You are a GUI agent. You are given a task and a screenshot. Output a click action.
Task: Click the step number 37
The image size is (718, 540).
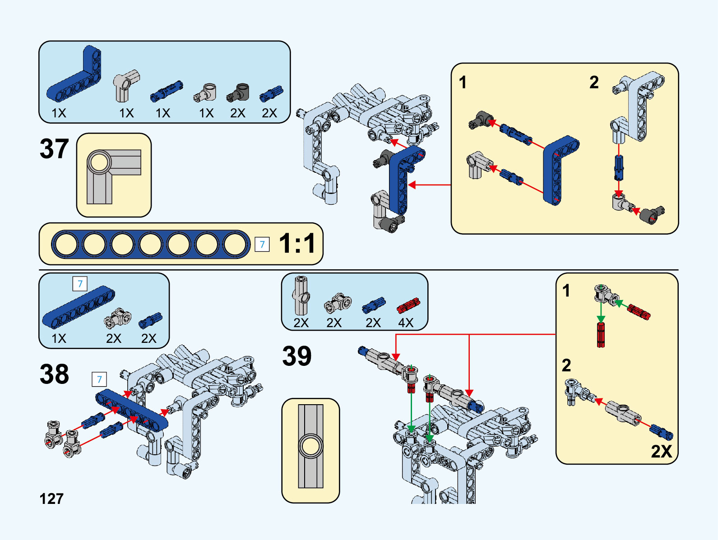(x=54, y=149)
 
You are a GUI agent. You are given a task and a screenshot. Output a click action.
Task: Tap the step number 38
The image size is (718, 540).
(x=54, y=374)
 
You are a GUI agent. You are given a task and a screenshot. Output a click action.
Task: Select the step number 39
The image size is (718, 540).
(x=297, y=356)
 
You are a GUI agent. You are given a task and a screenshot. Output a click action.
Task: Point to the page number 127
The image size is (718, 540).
(x=51, y=498)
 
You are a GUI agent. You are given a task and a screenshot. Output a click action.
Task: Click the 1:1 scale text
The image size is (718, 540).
(x=297, y=244)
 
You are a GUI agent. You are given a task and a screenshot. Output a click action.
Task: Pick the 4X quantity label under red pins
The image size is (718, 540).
(x=406, y=323)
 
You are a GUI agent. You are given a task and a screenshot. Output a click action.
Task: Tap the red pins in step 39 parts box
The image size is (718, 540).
(x=408, y=305)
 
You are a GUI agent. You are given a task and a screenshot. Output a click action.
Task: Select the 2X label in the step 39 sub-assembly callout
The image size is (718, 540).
(x=661, y=451)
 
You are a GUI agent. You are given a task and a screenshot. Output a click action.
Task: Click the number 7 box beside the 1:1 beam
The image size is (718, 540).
(x=262, y=244)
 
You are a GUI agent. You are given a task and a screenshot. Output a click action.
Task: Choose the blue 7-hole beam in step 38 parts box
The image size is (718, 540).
(x=79, y=307)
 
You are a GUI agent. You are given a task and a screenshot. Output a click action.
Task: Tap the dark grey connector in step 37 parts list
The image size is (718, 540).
(x=238, y=92)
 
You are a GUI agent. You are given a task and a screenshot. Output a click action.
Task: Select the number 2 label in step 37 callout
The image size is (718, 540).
(x=594, y=83)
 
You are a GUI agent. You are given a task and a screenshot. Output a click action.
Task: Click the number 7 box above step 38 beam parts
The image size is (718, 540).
(x=80, y=284)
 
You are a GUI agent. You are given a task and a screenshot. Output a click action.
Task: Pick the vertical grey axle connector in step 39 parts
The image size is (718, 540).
(x=301, y=295)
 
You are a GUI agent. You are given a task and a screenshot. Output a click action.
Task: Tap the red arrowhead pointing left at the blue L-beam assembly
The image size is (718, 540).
(x=412, y=185)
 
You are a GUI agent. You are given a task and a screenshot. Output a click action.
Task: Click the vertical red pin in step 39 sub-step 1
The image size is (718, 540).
(x=601, y=335)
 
